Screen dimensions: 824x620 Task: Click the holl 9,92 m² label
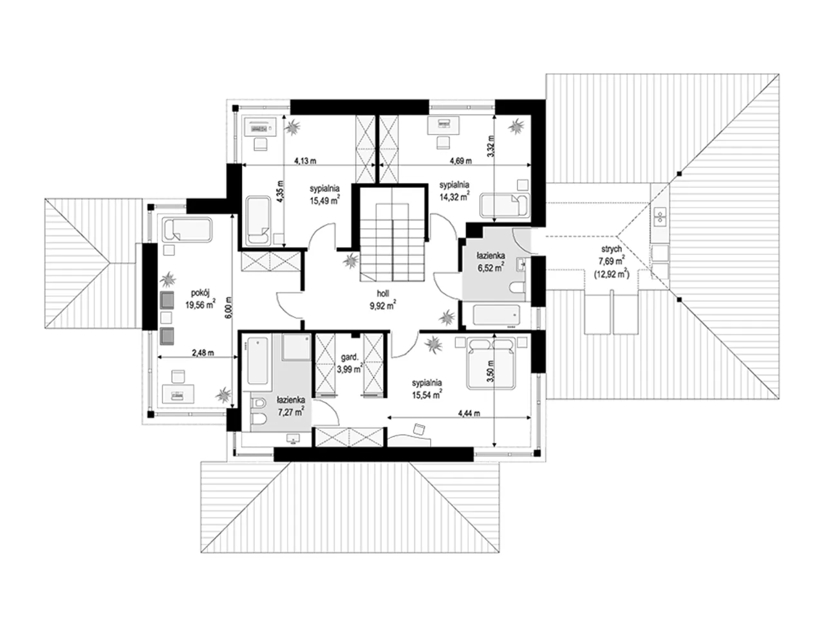(383, 299)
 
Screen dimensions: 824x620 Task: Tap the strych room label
(611, 249)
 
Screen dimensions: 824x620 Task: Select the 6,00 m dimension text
(229, 308)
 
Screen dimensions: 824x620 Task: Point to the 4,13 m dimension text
(305, 161)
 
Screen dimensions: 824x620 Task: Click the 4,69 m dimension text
(461, 161)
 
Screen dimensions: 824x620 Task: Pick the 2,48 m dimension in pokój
(203, 353)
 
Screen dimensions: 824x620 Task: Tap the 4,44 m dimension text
(469, 413)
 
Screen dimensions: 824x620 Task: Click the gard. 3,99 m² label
(349, 363)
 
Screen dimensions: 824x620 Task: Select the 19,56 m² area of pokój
(200, 305)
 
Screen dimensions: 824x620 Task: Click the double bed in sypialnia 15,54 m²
(491, 364)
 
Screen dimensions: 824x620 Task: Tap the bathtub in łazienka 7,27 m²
(257, 361)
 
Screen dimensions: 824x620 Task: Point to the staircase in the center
(392, 243)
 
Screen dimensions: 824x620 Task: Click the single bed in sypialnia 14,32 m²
(505, 205)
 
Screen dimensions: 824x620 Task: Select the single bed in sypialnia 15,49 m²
(258, 221)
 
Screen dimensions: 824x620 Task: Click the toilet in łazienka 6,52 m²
(518, 288)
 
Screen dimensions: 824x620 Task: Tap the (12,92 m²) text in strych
(612, 274)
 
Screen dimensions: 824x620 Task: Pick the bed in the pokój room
(187, 229)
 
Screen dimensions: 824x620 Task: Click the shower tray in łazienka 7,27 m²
(296, 347)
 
